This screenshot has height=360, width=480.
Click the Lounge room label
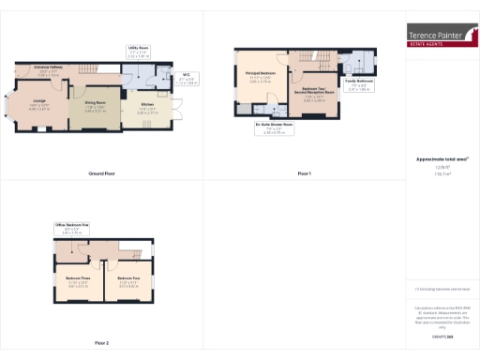(x=39, y=106)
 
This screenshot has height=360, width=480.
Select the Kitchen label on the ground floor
(x=147, y=107)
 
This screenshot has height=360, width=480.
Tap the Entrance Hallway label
(x=45, y=70)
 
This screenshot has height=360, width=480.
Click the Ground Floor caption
(x=102, y=174)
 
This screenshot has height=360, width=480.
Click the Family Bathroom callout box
(x=359, y=84)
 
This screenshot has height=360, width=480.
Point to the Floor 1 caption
(x=304, y=174)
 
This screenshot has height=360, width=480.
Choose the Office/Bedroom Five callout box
(x=71, y=228)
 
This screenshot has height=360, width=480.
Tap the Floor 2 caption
(x=102, y=343)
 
